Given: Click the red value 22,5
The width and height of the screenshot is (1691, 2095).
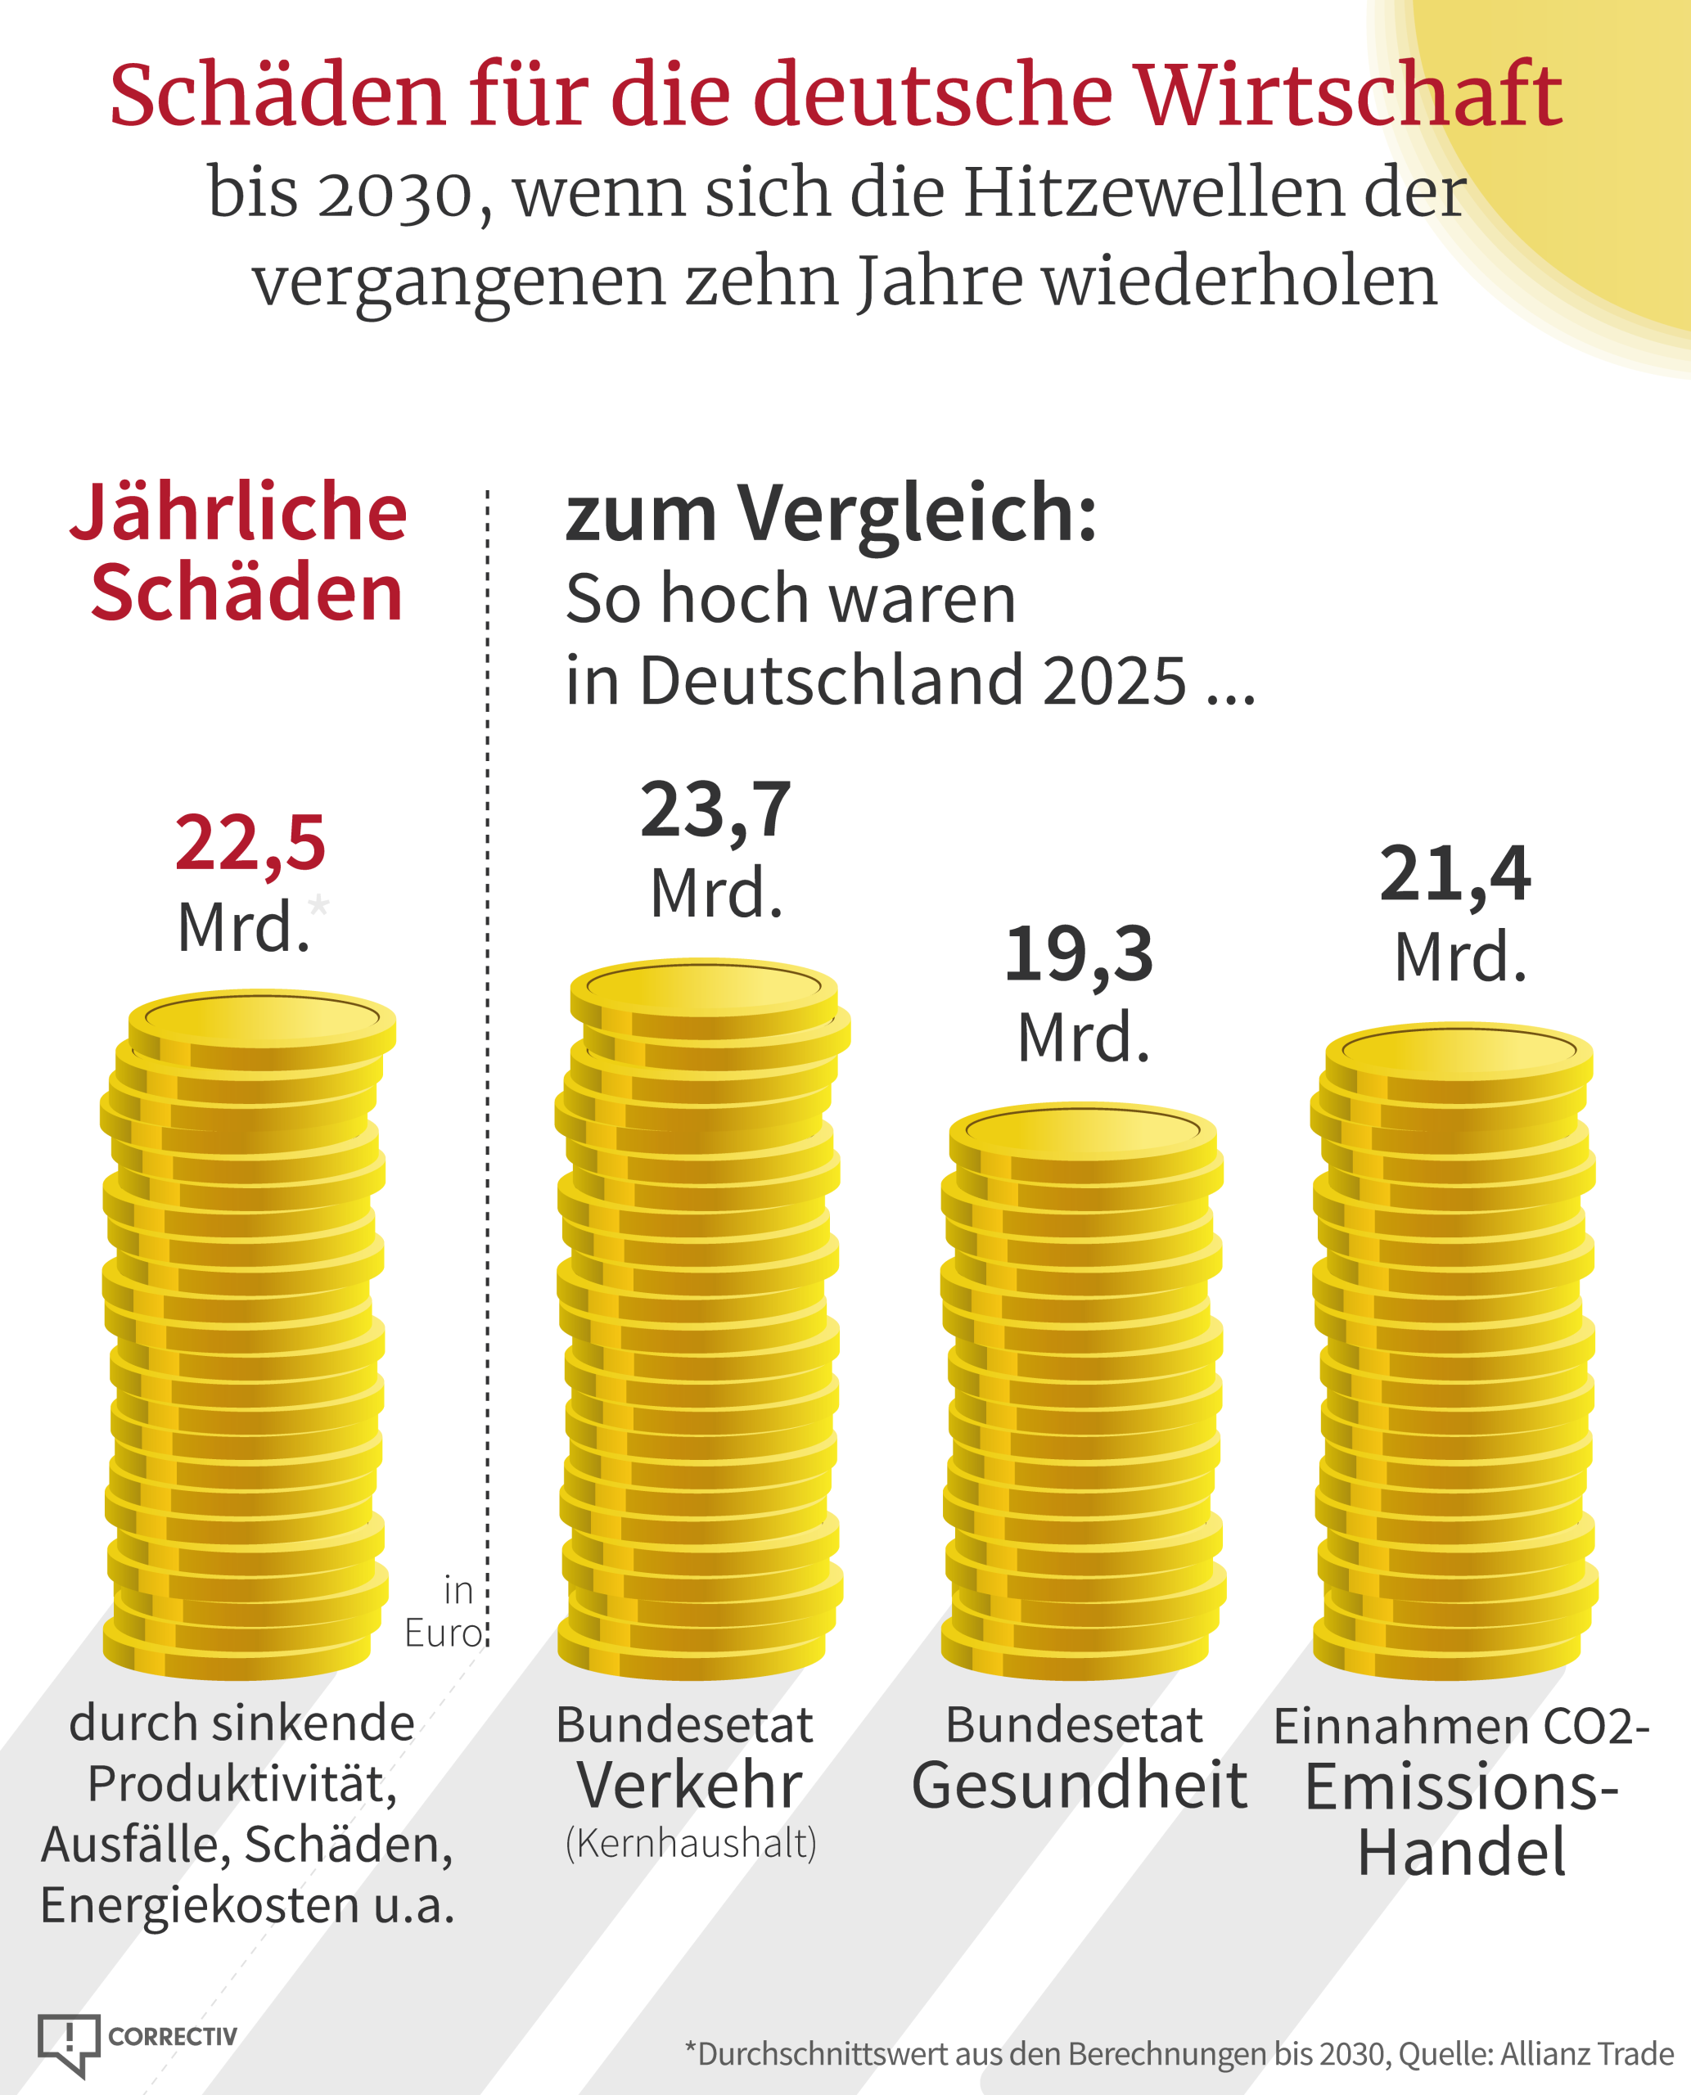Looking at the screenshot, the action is pos(250,845).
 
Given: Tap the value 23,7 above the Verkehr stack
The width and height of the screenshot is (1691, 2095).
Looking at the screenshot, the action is pos(716,810).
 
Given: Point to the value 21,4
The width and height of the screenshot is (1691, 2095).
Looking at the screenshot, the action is pos(1455,875).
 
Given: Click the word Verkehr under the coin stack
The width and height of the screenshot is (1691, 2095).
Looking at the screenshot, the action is pos(690,1786).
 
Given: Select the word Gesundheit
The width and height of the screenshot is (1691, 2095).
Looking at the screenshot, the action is pos(1080,1786).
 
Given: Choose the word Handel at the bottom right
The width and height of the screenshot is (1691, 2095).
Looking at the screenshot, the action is pos(1461,1853).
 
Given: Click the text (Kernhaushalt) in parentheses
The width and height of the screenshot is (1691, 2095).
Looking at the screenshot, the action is pos(691,1844).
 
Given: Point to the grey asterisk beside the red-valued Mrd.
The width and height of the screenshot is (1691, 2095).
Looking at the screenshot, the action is pos(318,905).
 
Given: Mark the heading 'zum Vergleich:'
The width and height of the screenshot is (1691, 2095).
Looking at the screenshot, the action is pos(831,513).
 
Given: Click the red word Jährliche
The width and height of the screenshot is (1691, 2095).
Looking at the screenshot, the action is pos(239,512).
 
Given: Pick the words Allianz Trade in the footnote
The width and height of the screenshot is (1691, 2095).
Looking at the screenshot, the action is pos(1587,2054).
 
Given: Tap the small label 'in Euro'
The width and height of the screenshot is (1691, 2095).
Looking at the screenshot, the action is pos(444,1612).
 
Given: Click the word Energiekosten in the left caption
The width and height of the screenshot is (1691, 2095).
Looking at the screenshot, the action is pos(200,1906).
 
